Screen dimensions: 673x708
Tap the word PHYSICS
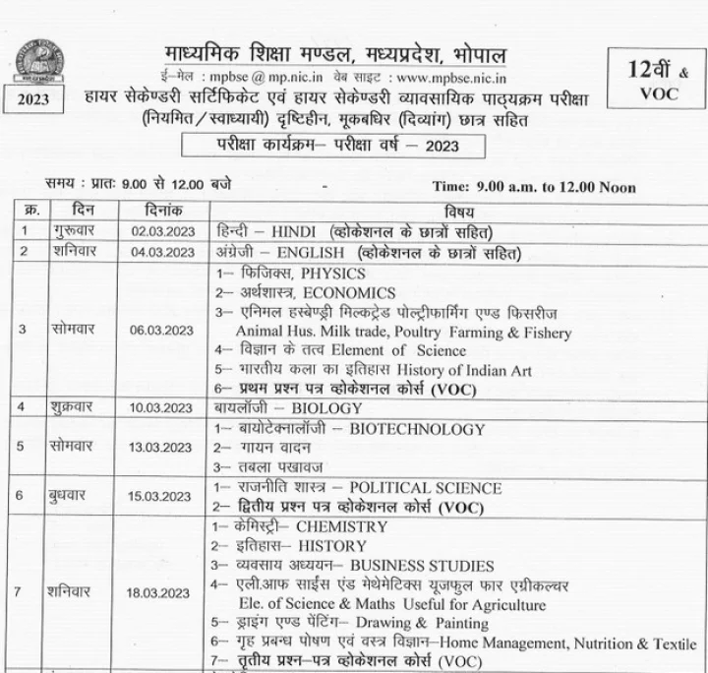[333, 273]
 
